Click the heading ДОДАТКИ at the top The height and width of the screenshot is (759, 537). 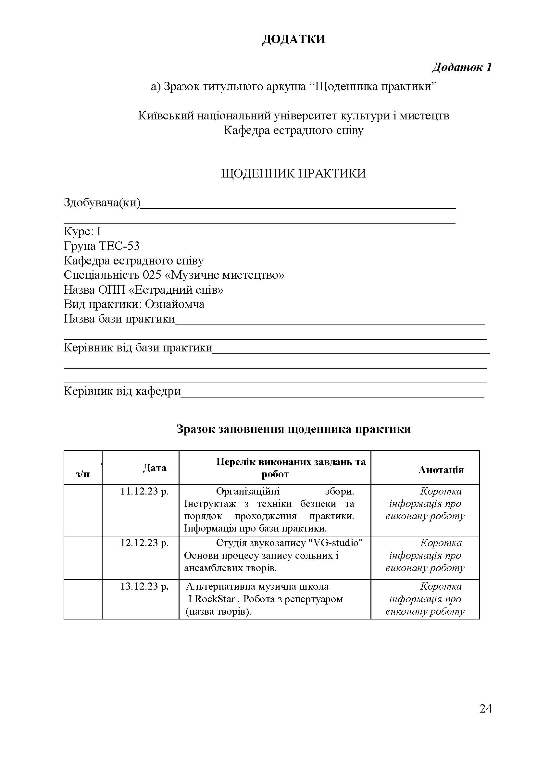[293, 39]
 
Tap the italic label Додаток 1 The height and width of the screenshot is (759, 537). [462, 67]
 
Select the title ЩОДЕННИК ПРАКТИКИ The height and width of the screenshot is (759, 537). [293, 174]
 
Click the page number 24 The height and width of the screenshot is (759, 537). [485, 709]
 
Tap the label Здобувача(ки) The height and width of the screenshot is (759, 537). [102, 202]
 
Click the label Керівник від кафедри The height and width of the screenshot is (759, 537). [122, 391]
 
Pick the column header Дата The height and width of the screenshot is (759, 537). [155, 468]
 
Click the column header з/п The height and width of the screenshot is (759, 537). [83, 474]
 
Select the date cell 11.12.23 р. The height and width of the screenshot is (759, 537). [144, 492]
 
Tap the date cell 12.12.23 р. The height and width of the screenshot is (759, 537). [144, 543]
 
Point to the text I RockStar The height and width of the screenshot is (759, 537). [212, 599]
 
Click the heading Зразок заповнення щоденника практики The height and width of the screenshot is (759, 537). [293, 429]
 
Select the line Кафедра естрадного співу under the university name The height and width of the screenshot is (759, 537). [293, 130]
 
